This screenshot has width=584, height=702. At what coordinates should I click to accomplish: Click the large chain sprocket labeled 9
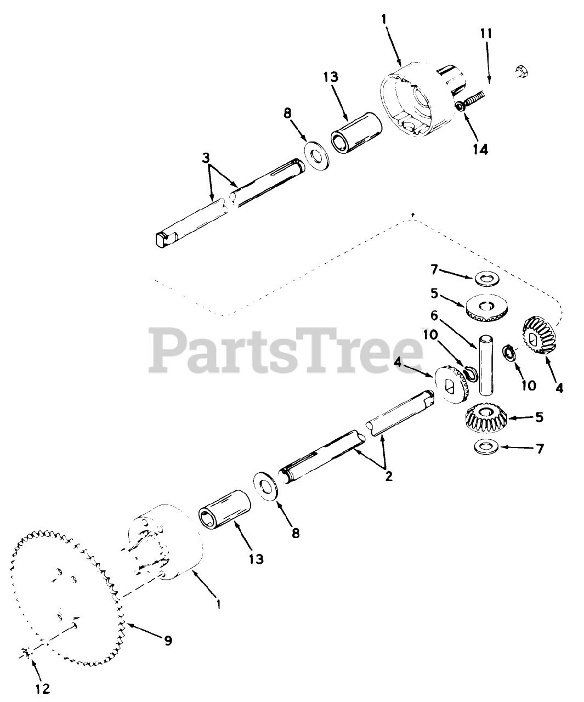(x=66, y=595)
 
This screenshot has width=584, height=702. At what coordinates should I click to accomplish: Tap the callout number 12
(x=43, y=688)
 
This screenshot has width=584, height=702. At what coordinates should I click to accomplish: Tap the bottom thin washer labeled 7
(x=486, y=447)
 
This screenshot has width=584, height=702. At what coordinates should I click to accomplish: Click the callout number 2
(x=389, y=476)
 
